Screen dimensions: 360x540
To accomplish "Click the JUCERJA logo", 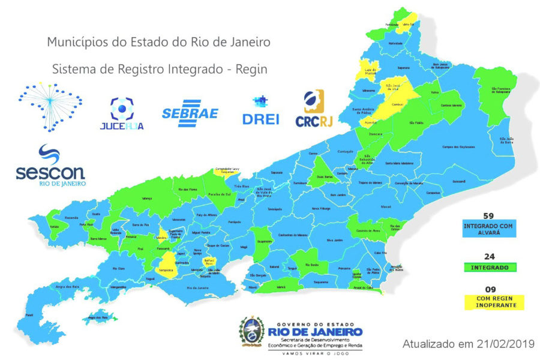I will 122,113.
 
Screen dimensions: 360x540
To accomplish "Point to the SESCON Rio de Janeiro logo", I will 51,165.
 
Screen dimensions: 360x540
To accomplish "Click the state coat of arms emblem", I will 252,331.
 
